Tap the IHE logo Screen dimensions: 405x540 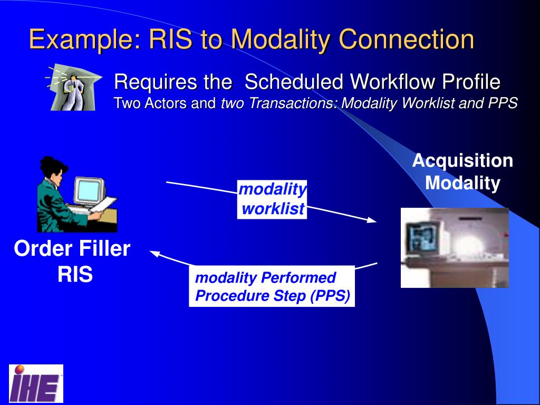pos(36,383)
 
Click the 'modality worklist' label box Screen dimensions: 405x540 pos(272,199)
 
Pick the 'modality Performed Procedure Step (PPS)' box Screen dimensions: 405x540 pos(272,286)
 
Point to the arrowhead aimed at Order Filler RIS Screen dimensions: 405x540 pos(155,254)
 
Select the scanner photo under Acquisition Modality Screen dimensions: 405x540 pos(455,248)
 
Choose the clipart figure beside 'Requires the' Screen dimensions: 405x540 pos(72,89)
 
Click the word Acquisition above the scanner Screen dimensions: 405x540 pos(462,160)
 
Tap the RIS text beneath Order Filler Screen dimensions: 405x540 pos(75,274)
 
